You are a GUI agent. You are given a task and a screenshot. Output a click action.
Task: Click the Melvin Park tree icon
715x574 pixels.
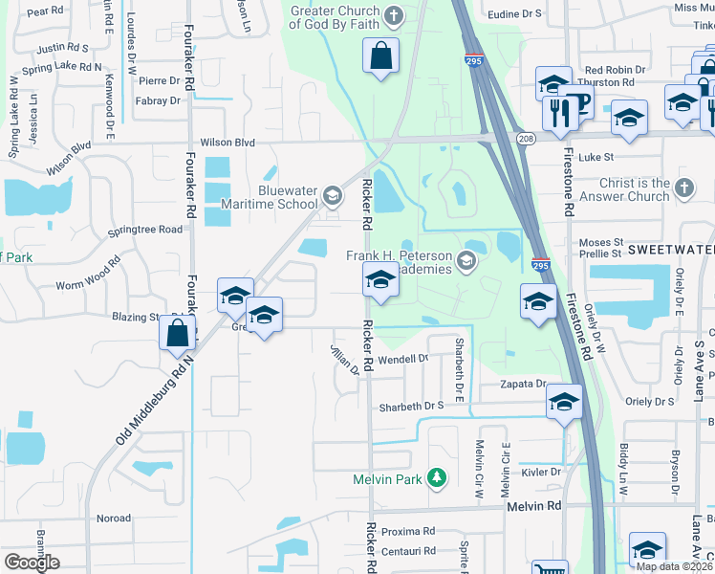[x=437, y=476]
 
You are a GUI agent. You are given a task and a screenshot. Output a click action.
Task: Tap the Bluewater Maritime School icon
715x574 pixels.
[x=332, y=196]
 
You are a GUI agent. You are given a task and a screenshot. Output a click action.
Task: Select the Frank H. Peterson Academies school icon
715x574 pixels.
[x=466, y=260]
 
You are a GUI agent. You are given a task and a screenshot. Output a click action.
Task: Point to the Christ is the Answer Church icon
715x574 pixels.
[x=684, y=189]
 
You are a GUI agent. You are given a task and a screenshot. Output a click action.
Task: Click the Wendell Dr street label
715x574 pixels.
[x=403, y=359]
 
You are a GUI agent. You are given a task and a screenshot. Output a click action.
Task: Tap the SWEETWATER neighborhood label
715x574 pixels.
[x=670, y=249]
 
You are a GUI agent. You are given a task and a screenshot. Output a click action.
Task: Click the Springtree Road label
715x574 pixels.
[x=145, y=231]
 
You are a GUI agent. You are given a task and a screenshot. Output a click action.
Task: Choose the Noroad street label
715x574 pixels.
[x=113, y=519]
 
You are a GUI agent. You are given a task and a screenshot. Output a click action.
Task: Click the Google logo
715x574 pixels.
[x=32, y=562]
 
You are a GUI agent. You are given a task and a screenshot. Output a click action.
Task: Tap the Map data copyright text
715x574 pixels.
[x=674, y=566]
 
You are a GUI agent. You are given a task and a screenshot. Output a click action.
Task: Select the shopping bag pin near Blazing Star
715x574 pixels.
[x=178, y=333]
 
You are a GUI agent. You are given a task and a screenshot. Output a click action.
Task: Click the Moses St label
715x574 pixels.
[x=600, y=244]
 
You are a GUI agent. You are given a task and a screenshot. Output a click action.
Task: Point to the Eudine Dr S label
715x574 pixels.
[x=513, y=14]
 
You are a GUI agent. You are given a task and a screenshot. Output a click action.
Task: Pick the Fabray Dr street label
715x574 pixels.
[x=158, y=100]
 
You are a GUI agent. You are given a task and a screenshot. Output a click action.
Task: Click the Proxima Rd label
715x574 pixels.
[x=408, y=531]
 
